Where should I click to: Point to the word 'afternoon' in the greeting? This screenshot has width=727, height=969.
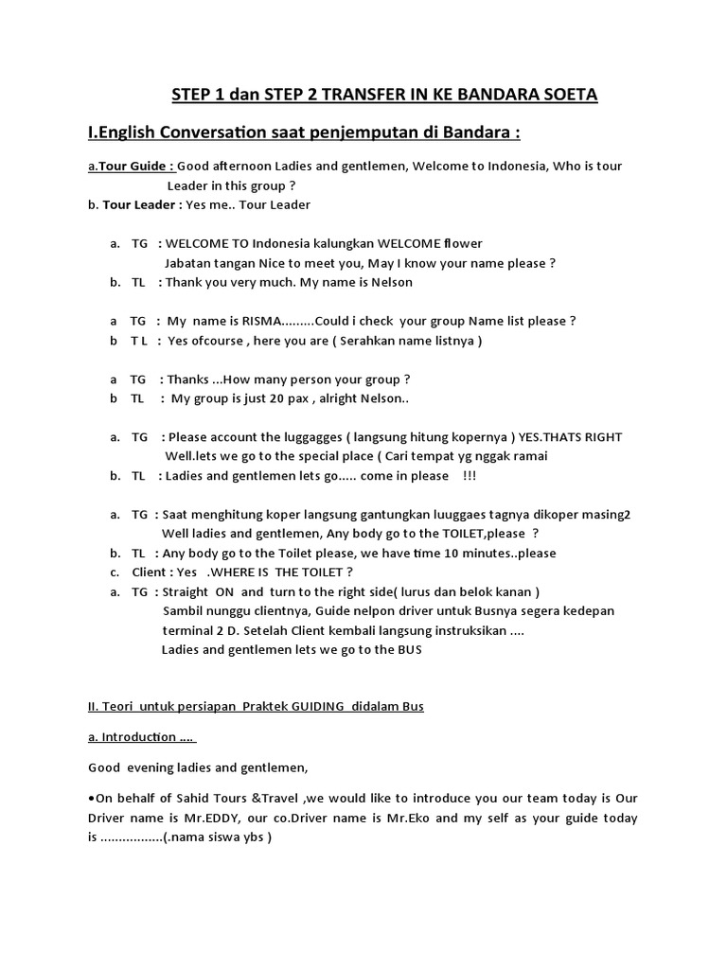[249, 167]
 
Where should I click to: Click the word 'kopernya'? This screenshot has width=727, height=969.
[483, 437]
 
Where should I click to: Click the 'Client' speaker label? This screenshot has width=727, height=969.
[150, 572]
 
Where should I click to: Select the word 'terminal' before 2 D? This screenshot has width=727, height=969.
[189, 630]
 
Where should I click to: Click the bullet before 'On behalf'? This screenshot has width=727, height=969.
[91, 799]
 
